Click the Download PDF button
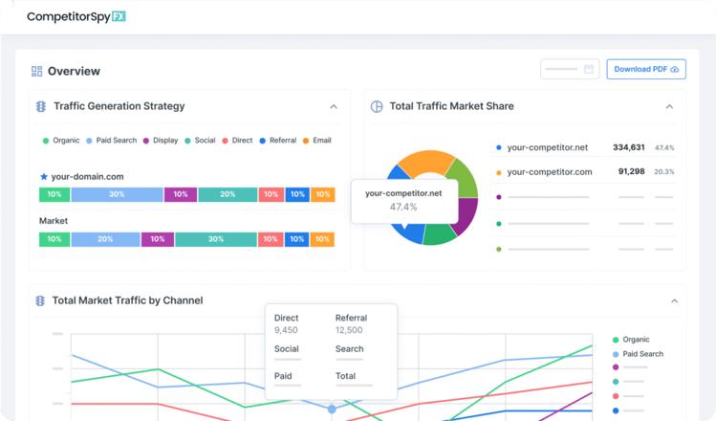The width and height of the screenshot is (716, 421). (645, 69)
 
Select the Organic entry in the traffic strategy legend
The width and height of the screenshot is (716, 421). (61, 141)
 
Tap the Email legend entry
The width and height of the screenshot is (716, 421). (317, 141)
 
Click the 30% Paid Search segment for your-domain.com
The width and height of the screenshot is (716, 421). (117, 194)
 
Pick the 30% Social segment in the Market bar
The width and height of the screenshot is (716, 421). (216, 239)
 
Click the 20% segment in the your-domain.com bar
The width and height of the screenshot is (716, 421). (228, 194)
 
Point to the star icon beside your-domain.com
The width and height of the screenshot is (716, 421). (44, 177)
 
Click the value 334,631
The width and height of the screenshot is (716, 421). (628, 147)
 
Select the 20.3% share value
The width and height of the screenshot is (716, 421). (664, 172)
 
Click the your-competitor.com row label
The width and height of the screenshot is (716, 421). (549, 172)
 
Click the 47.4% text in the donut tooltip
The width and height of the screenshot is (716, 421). (403, 207)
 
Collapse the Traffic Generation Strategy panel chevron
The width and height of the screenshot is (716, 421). (334, 107)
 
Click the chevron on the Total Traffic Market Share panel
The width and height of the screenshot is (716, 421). (669, 107)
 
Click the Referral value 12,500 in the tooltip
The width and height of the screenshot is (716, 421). (348, 330)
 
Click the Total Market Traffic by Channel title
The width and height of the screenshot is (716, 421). (127, 300)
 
